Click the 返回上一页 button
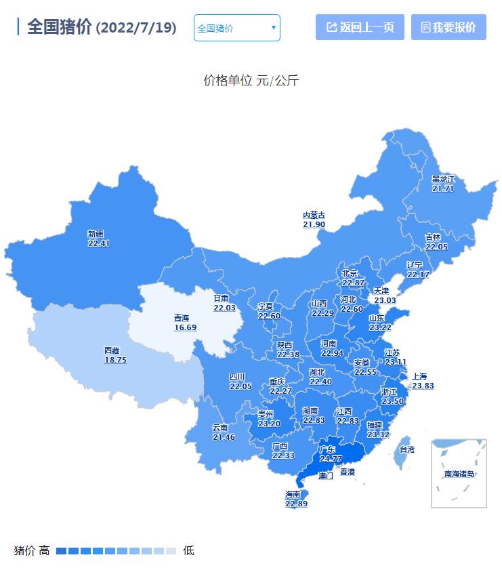pos(360,27)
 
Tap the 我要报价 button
pos(448,27)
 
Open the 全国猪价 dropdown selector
pos(236,28)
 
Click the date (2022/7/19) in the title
pos(136,28)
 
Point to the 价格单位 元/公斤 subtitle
pos(251,81)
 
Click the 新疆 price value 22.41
pos(98,243)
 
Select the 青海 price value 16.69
pos(185,327)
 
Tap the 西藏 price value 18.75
pos(115,360)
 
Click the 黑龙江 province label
pos(443,179)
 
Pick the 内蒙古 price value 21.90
pos(314,224)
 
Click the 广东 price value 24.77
pos(331,459)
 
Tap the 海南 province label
pos(293,495)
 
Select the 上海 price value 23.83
pos(423,386)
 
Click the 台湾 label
pos(406,449)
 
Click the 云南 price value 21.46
pos(223,437)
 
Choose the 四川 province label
pos(236,377)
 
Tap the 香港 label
pos(347,472)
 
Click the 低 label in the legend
pos(188,550)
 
